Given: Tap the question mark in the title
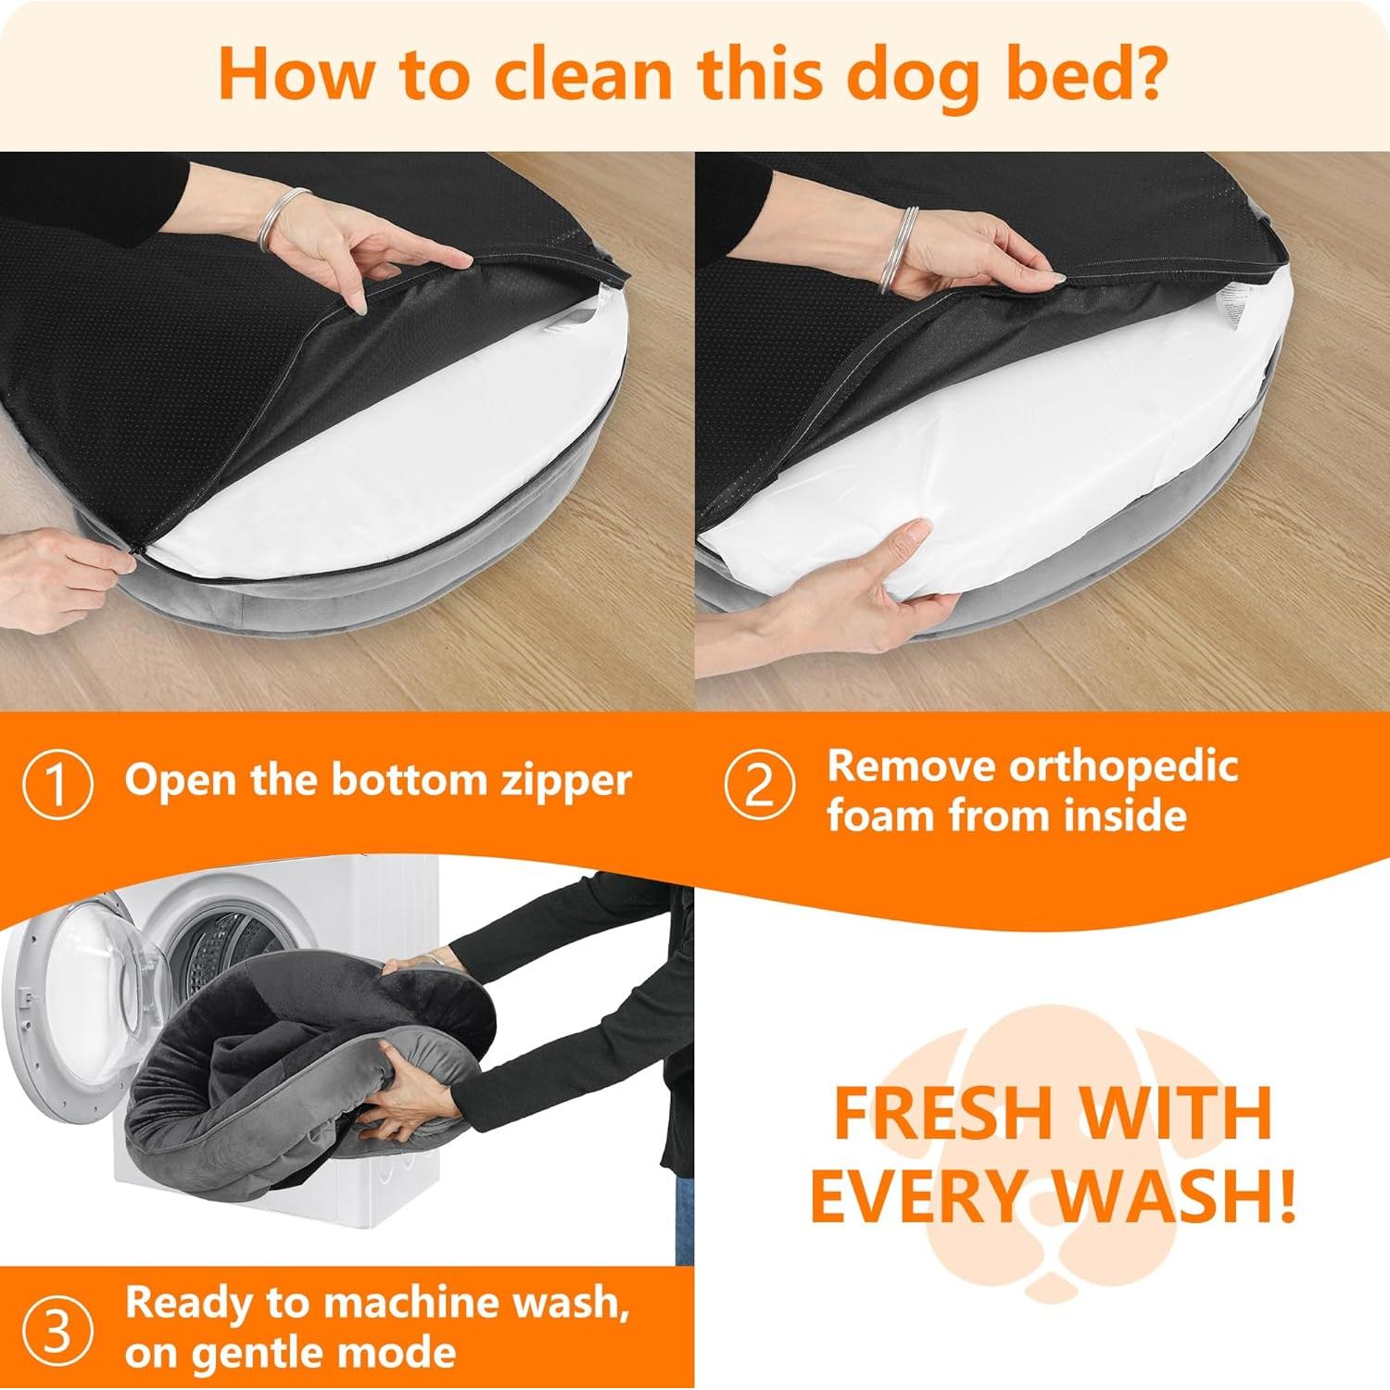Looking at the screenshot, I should pyautogui.click(x=1141, y=74).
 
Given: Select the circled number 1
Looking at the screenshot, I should pyautogui.click(x=57, y=785).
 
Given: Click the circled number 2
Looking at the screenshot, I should pyautogui.click(x=759, y=785).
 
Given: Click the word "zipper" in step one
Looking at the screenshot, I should pyautogui.click(x=565, y=781).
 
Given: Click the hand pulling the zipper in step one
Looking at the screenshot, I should pyautogui.click(x=60, y=575).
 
